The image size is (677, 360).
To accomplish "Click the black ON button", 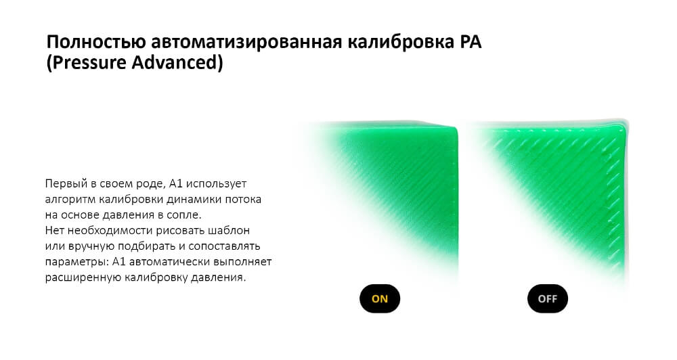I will (x=380, y=298).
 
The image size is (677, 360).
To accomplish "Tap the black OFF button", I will (x=547, y=298).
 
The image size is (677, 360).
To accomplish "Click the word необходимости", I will (x=103, y=231).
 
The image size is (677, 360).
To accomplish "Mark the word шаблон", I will (x=235, y=231).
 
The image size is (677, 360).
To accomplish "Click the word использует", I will (x=219, y=184).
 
